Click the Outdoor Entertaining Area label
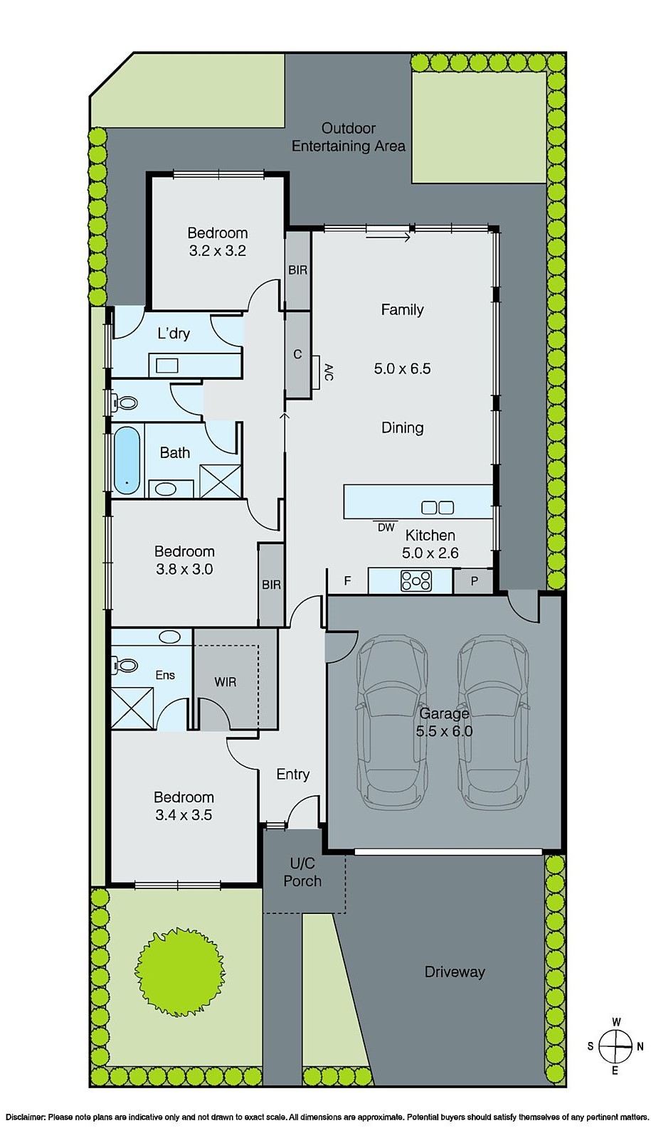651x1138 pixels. click(x=349, y=137)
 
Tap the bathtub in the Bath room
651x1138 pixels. click(x=127, y=460)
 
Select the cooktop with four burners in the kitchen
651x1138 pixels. click(x=416, y=581)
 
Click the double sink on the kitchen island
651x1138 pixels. click(x=437, y=507)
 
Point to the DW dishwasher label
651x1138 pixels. click(x=386, y=527)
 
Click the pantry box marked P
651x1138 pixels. click(x=474, y=580)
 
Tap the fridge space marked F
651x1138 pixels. click(x=347, y=581)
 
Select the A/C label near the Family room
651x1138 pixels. click(x=328, y=372)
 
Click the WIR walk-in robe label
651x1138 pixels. click(x=225, y=681)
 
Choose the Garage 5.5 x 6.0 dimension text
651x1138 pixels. click(x=444, y=730)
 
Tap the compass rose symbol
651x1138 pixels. click(x=615, y=1046)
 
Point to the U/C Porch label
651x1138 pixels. click(x=302, y=872)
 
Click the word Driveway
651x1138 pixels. click(x=454, y=972)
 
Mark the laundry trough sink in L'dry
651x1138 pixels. click(x=167, y=366)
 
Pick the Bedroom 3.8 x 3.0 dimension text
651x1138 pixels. click(x=184, y=569)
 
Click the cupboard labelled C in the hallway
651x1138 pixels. click(x=297, y=353)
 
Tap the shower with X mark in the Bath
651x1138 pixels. click(x=220, y=480)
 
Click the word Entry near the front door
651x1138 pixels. click(x=292, y=774)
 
